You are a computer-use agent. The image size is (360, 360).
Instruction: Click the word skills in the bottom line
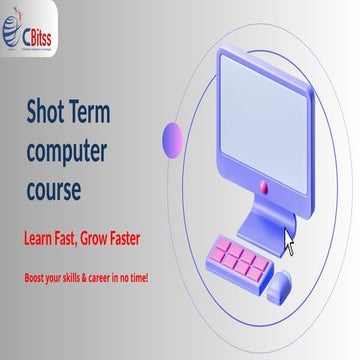71,276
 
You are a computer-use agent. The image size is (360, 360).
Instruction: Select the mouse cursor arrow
290,241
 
